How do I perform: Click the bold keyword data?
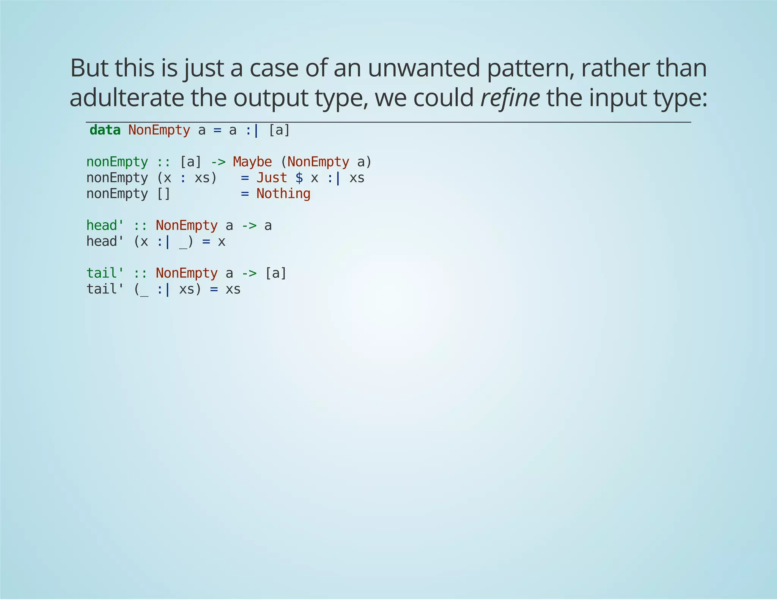(x=105, y=130)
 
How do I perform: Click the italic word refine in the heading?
(x=510, y=97)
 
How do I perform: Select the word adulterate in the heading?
(x=127, y=97)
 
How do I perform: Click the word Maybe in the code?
(x=252, y=162)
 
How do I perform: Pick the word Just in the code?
(x=272, y=178)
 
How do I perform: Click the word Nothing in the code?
(x=283, y=194)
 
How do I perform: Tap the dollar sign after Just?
(x=299, y=178)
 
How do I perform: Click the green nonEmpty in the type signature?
(x=117, y=162)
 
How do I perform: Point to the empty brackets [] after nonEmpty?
(x=164, y=194)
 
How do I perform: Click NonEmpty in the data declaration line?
(x=159, y=130)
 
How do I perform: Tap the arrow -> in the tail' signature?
(x=249, y=273)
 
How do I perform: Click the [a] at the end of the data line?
(x=279, y=130)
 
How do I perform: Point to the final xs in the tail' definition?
(x=233, y=289)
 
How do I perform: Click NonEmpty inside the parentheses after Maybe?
(x=318, y=162)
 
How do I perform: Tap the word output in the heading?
(x=270, y=97)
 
